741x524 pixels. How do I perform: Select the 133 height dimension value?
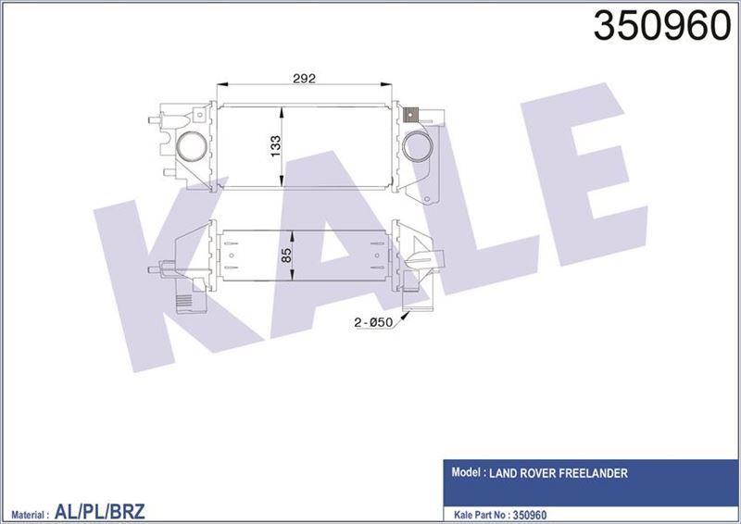tap(274, 145)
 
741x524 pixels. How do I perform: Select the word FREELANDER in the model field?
tap(593, 473)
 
